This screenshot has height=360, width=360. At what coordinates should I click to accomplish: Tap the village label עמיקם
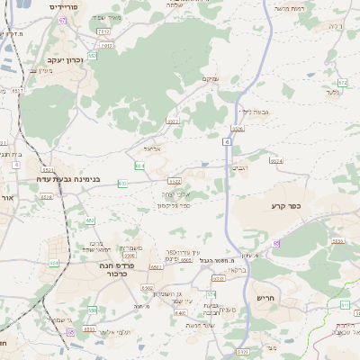[x=208, y=78]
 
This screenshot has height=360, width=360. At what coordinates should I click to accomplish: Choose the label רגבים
[x=239, y=167]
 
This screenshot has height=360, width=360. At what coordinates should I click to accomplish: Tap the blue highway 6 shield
[x=228, y=141]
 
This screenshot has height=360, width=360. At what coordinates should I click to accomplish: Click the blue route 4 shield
[x=16, y=166]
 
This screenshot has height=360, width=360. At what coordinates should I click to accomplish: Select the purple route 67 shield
[x=62, y=19]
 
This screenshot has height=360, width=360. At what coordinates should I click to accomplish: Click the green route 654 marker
[x=139, y=166]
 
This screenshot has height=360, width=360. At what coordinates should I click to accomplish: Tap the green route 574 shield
[x=211, y=294]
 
